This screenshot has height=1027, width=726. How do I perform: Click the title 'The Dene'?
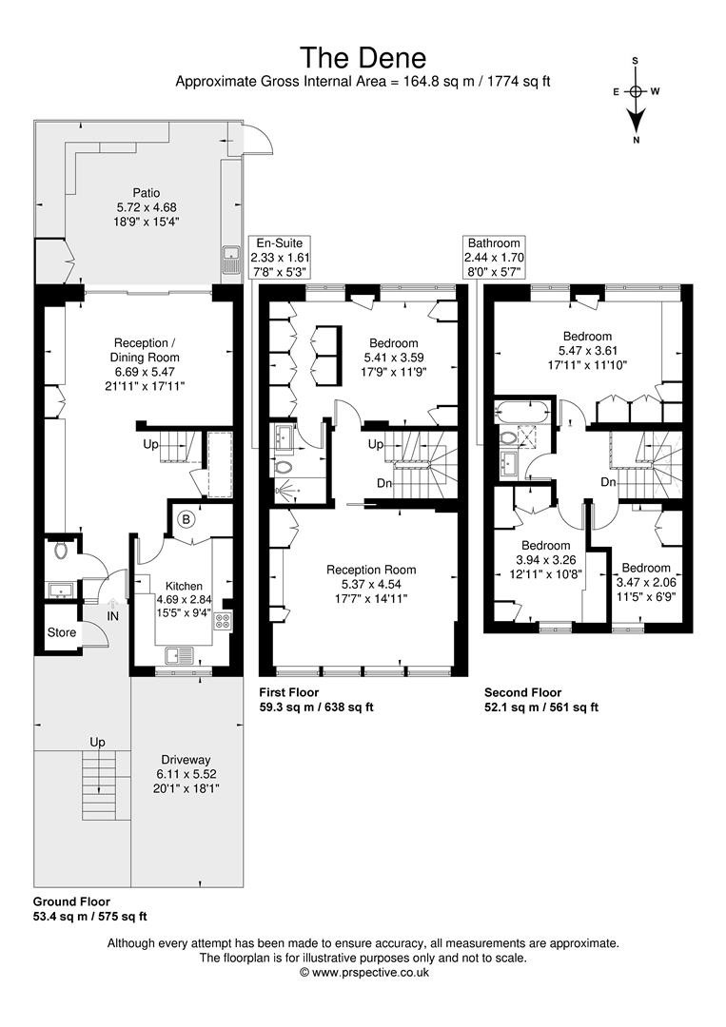[x=363, y=58]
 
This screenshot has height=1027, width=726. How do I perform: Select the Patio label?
[x=147, y=192]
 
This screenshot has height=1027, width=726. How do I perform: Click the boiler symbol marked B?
[x=186, y=520]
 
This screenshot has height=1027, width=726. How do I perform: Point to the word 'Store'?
[x=62, y=632]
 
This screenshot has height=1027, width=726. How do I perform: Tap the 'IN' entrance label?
[x=112, y=616]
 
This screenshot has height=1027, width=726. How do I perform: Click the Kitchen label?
[x=184, y=586]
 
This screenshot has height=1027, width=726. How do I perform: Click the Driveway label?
[x=186, y=760]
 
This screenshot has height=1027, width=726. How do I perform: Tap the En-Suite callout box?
[x=280, y=257]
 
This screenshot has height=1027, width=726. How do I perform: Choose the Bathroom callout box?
[x=494, y=257]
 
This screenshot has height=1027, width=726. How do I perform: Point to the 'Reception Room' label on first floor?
[x=371, y=570]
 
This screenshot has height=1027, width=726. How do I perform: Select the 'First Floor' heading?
[x=289, y=692]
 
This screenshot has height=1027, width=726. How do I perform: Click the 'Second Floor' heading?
[x=523, y=692]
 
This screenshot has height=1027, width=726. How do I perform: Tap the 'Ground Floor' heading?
[x=71, y=901]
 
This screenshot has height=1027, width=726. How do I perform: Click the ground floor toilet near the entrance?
[x=61, y=550]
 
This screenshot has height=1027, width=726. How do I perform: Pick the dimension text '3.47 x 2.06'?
[x=646, y=582]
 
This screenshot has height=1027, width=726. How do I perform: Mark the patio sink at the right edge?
[x=230, y=260]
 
